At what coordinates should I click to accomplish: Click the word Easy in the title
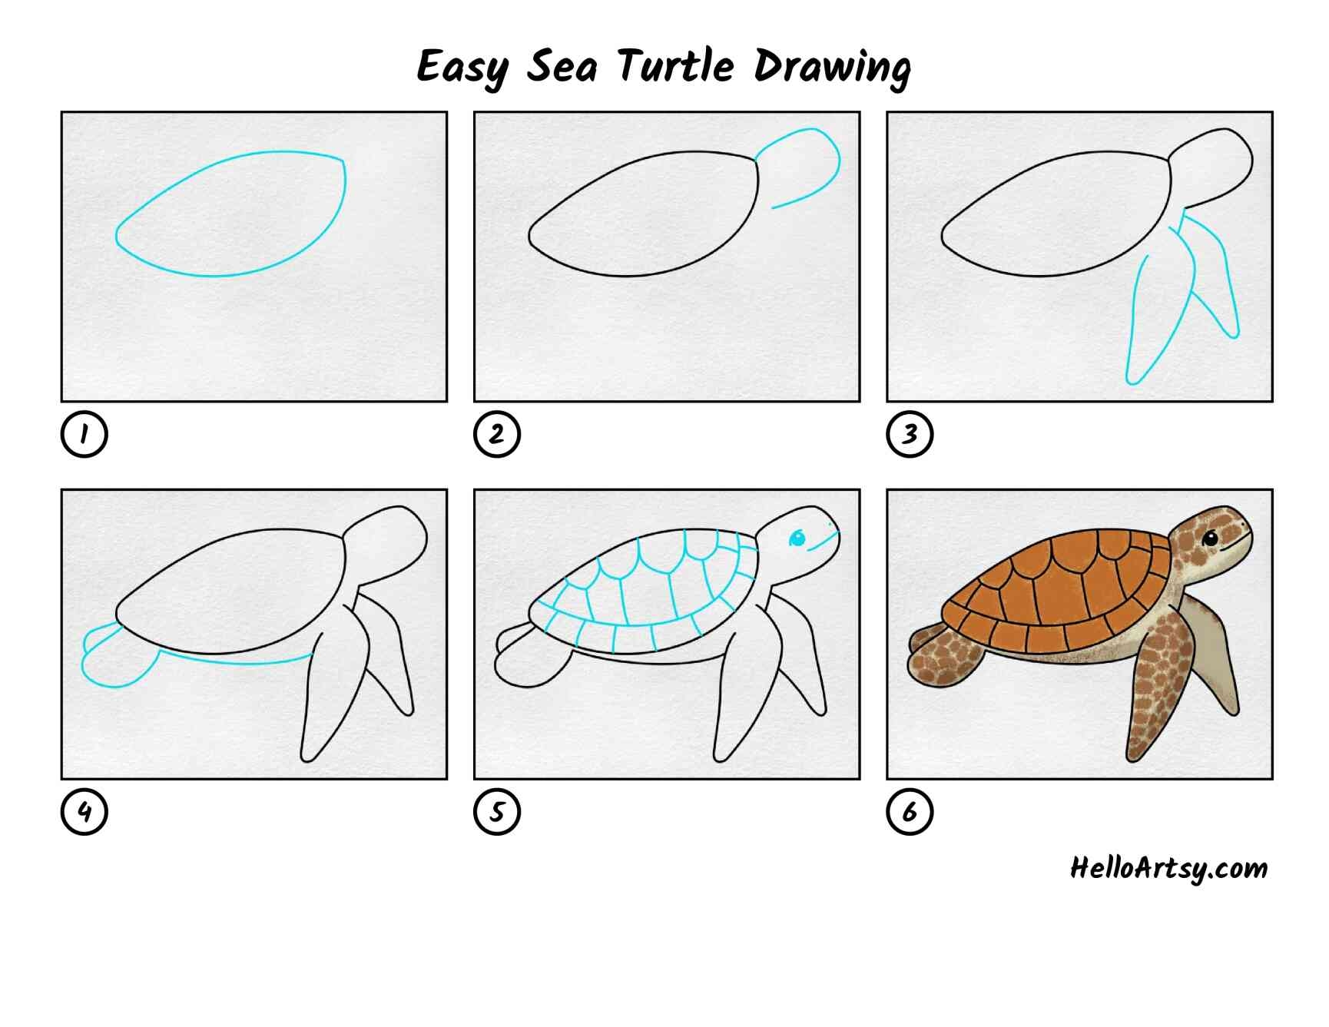coord(462,68)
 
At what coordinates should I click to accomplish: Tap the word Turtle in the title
coord(676,65)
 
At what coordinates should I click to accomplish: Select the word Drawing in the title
coord(832,68)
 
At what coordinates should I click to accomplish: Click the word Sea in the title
coord(562,66)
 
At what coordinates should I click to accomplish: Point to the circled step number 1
coord(84,434)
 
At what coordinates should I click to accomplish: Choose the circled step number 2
coord(497,434)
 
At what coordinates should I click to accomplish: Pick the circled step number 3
coord(910,434)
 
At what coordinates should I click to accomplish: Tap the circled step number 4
coord(84,812)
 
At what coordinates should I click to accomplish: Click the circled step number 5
coord(497,812)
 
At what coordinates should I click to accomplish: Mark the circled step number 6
coord(910,812)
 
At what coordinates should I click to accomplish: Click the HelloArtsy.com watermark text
coord(1168,869)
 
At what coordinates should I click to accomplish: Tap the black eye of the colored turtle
coord(1210,538)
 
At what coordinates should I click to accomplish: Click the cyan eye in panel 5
coord(797,538)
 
